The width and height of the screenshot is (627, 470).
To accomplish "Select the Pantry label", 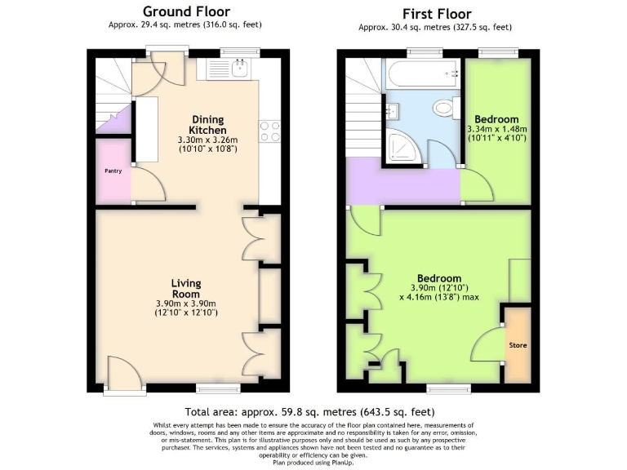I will coord(112,171).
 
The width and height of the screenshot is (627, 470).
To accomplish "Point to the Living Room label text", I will coord(186,289).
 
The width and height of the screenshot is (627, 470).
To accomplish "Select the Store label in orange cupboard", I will coord(518,345).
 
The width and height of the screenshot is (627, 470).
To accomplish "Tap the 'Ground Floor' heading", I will coord(186,11).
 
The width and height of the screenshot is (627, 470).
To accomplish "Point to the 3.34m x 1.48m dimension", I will coord(498,129).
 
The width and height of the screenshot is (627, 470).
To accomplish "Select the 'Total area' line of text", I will coord(313,412).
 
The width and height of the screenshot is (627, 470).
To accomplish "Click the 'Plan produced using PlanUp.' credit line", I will coord(313,462).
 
